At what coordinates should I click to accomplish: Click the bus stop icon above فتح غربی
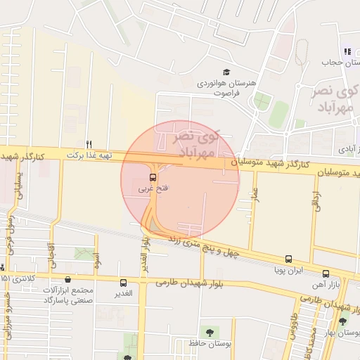(153, 176)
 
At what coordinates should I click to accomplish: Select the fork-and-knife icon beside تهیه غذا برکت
(89, 143)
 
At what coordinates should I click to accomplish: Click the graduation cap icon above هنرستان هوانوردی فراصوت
(226, 72)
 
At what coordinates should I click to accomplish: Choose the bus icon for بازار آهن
(326, 274)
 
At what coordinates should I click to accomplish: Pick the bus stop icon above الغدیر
(124, 283)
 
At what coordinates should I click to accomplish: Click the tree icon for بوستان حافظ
(209, 330)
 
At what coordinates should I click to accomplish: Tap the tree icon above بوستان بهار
(342, 321)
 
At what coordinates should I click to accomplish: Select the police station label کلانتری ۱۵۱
(16, 278)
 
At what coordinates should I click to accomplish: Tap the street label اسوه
(97, 261)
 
